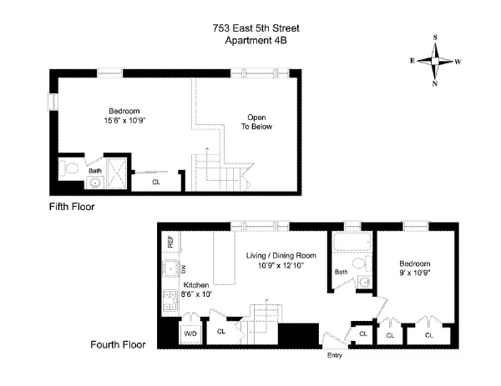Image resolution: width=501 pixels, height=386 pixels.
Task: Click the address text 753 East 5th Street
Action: tap(256, 28)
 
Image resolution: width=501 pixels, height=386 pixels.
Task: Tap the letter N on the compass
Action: tap(435, 83)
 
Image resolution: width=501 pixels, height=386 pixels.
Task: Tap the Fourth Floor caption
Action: tap(117, 343)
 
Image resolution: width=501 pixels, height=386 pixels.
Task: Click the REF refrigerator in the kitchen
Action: tap(170, 242)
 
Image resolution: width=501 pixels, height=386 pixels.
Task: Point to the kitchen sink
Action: tap(170, 269)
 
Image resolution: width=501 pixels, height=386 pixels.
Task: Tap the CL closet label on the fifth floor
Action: tap(156, 181)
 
